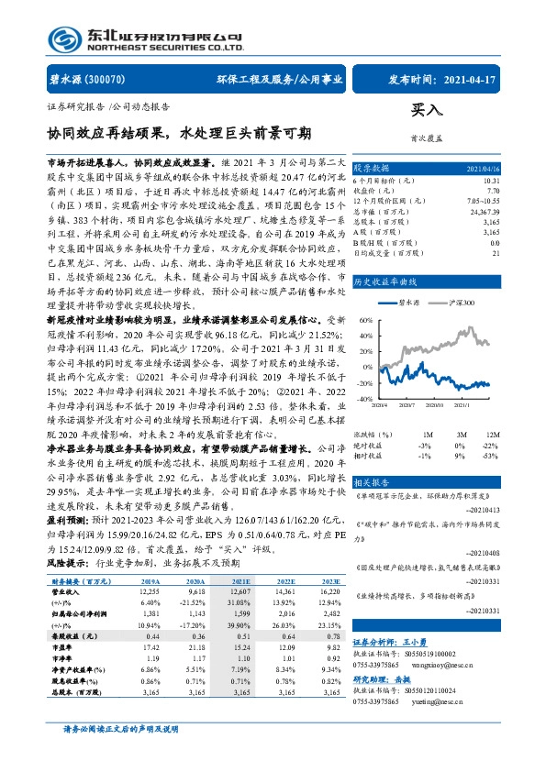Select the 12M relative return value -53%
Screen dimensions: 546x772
[x=493, y=455]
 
